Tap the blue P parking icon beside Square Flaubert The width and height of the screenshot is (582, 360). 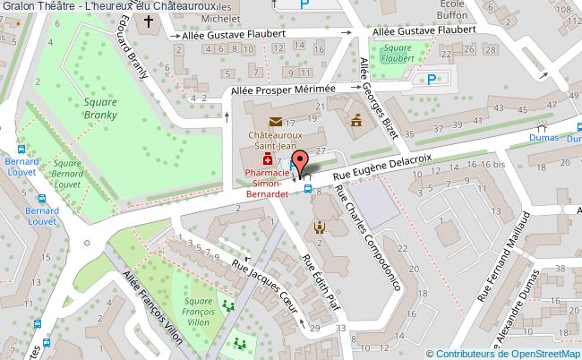pyautogui.click(x=432, y=79)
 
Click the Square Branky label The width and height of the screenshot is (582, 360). pyautogui.click(x=101, y=109)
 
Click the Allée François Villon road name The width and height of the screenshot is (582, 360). pyautogui.click(x=155, y=304)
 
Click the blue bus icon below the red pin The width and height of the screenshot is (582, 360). pyautogui.click(x=308, y=188)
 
